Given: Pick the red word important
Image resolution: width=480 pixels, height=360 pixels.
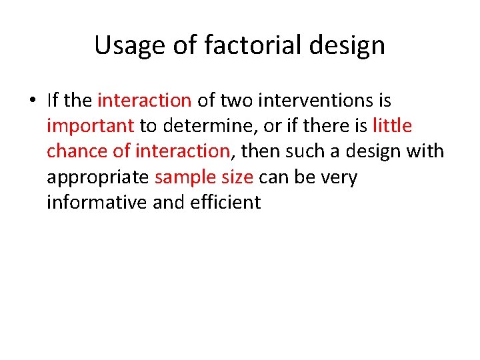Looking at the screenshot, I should pyautogui.click(x=91, y=126).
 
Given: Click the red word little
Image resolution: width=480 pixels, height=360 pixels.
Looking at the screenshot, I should pyautogui.click(x=392, y=126).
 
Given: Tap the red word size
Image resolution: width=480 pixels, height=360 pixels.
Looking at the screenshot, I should pyautogui.click(x=236, y=177).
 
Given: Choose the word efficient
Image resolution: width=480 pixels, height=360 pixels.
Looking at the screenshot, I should pyautogui.click(x=225, y=202).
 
